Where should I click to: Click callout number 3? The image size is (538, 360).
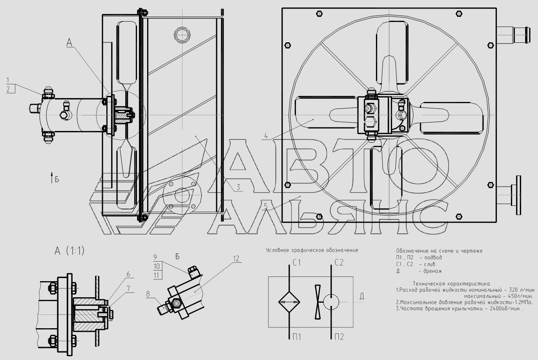pyautogui.click(x=238, y=187)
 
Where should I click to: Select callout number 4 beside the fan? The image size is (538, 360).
pyautogui.click(x=266, y=136)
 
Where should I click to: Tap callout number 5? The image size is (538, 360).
pyautogui.click(x=266, y=206)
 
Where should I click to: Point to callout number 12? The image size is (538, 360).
pyautogui.click(x=236, y=259)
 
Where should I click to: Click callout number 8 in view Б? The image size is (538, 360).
pyautogui.click(x=148, y=294)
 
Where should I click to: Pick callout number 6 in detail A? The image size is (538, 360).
pyautogui.click(x=128, y=274)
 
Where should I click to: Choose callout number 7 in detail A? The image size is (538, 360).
pyautogui.click(x=128, y=289)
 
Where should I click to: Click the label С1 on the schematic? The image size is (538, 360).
pyautogui.click(x=297, y=263)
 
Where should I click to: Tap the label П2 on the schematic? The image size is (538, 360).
pyautogui.click(x=339, y=337)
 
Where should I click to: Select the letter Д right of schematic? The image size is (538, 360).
pyautogui.click(x=362, y=296)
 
